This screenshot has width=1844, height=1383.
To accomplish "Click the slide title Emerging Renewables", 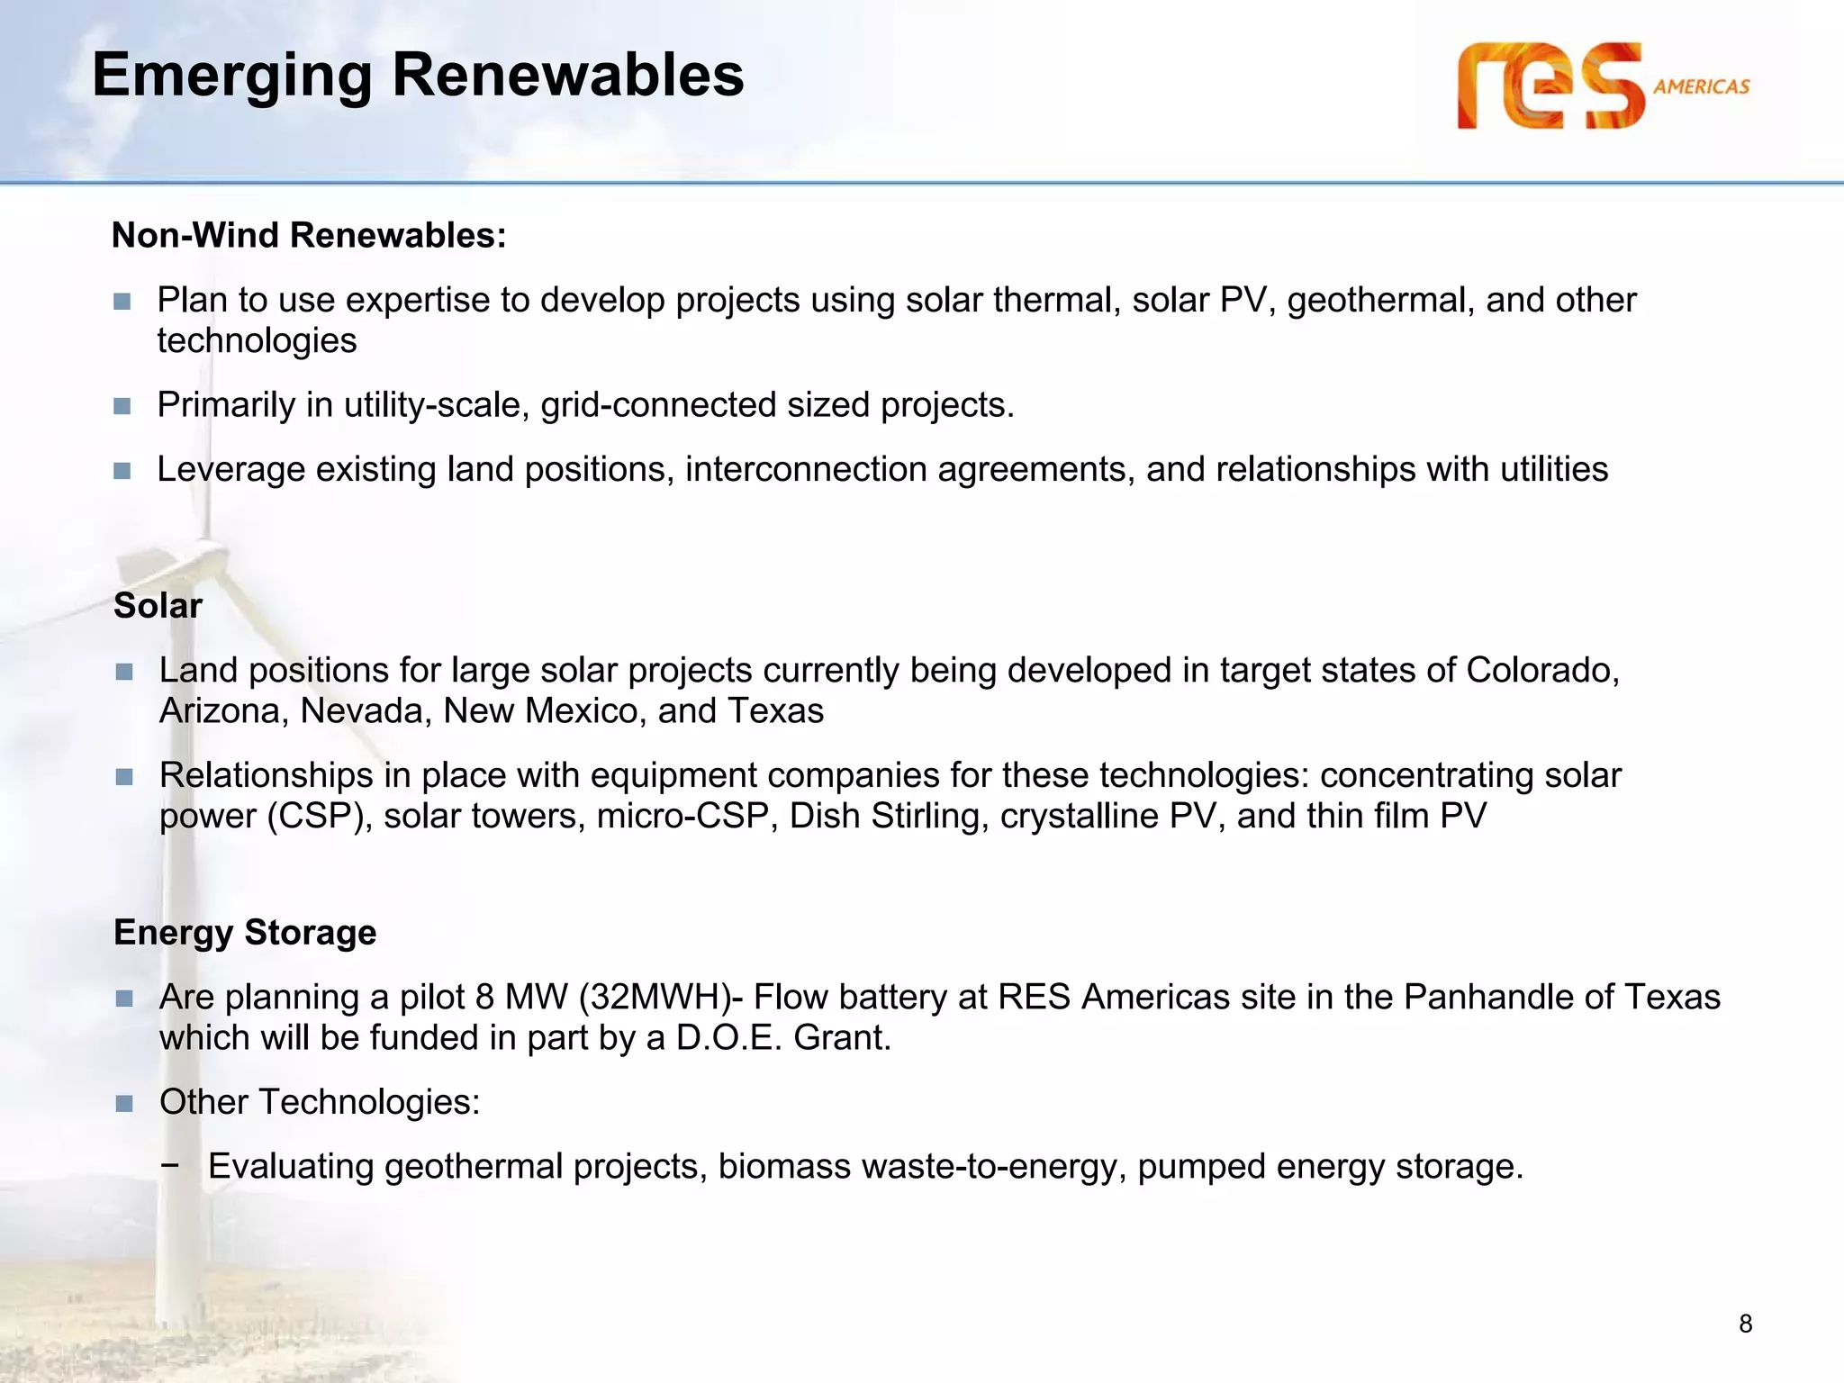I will pyautogui.click(x=418, y=75).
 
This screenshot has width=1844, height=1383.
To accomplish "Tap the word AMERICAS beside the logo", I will pyautogui.click(x=1701, y=87).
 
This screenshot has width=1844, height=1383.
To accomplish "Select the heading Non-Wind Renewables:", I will pyautogui.click(x=309, y=236).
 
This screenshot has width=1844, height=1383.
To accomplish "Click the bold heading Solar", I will pyautogui.click(x=158, y=606).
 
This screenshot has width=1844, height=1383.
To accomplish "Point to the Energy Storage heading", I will pyautogui.click(x=245, y=933).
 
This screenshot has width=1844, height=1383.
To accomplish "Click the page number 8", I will pyautogui.click(x=1745, y=1324).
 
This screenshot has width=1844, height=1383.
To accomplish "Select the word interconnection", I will pyautogui.click(x=806, y=470).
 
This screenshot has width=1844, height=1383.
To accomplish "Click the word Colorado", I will pyautogui.click(x=1541, y=671).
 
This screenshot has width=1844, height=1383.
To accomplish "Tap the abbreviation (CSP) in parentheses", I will pyautogui.click(x=319, y=817).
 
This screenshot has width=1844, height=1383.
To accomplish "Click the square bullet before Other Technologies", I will pyautogui.click(x=124, y=1103).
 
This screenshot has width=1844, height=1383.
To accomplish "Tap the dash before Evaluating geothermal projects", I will pyautogui.click(x=169, y=1164).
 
